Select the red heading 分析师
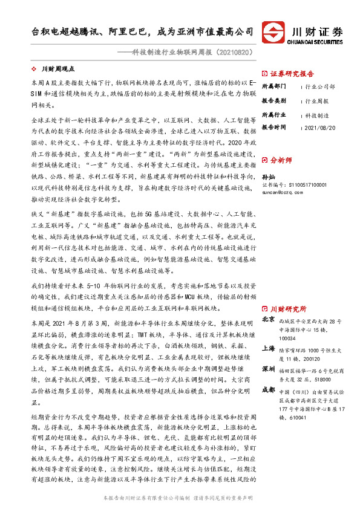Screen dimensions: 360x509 click(x=281, y=160)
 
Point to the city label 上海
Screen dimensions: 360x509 click(x=269, y=349)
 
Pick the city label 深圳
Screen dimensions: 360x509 click(x=269, y=369)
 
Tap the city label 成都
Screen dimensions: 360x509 click(x=269, y=389)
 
